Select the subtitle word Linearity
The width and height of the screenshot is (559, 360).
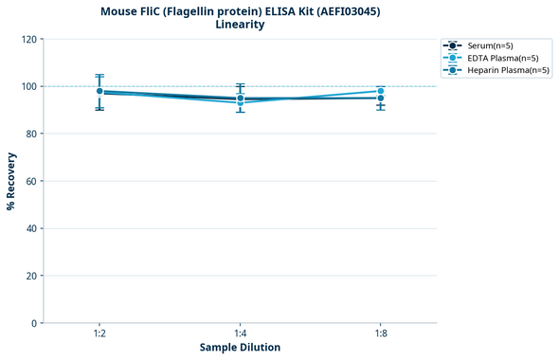point(240,25)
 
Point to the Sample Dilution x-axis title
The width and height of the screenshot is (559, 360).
point(240,348)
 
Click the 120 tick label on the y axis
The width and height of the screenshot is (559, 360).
point(28,39)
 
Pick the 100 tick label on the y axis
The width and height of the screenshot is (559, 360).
point(28,86)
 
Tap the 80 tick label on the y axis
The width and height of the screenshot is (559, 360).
point(31,134)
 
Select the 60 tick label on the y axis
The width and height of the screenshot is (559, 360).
point(31,181)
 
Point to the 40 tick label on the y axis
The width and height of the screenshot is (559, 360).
point(31,228)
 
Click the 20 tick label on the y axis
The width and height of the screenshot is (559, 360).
point(31,276)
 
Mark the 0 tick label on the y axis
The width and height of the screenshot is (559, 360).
point(34,323)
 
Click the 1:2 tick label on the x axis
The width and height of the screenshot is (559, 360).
point(99,333)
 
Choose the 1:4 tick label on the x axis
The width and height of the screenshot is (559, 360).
point(240,333)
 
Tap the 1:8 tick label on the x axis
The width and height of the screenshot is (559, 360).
point(380,333)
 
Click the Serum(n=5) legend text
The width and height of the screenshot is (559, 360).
point(490,45)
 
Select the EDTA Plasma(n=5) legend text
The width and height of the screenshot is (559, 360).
point(503,58)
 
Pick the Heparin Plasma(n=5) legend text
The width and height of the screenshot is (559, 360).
point(508,70)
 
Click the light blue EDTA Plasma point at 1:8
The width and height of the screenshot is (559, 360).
point(380,91)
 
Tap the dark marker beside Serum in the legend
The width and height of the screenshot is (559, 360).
point(454,45)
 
